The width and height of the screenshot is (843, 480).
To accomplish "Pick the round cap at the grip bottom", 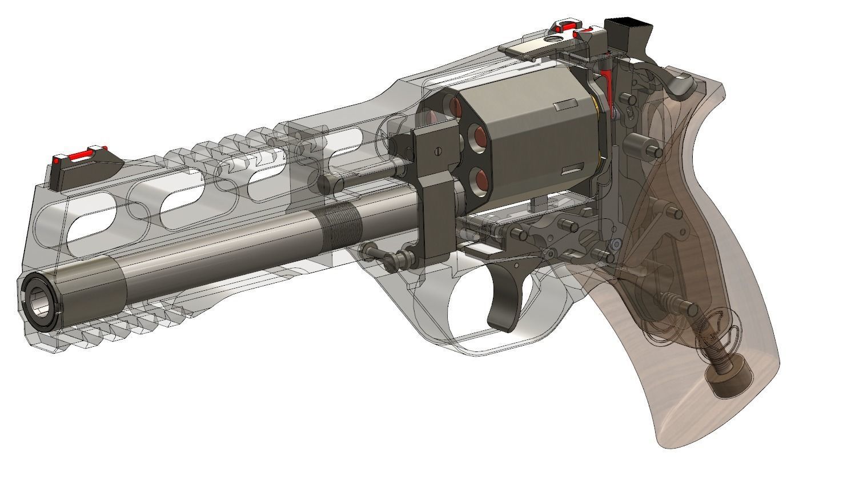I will tap(729, 379).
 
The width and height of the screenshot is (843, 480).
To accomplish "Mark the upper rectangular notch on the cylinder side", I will tap(565, 105).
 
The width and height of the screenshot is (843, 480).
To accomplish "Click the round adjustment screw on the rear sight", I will tap(553, 39).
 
